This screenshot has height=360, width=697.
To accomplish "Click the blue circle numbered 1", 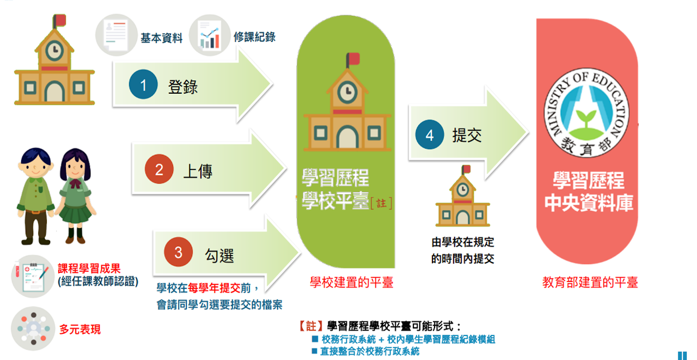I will pyautogui.click(x=144, y=86).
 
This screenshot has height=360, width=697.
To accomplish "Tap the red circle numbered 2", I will pyautogui.click(x=159, y=169).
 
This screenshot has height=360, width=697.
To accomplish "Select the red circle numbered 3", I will pyautogui.click(x=179, y=253).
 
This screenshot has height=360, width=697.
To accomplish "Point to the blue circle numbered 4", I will pyautogui.click(x=430, y=135).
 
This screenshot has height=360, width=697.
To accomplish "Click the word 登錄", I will pyautogui.click(x=183, y=87).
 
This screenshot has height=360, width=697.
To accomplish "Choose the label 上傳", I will pyautogui.click(x=198, y=171).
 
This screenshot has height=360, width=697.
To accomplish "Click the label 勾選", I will pyautogui.click(x=219, y=254).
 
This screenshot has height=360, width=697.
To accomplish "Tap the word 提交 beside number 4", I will pyautogui.click(x=467, y=136).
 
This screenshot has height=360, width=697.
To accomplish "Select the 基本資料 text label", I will pyautogui.click(x=161, y=38).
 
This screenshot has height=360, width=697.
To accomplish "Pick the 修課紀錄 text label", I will pyautogui.click(x=254, y=37).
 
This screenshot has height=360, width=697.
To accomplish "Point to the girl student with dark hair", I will pyautogui.click(x=74, y=196).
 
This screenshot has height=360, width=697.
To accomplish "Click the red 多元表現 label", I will pyautogui.click(x=80, y=330).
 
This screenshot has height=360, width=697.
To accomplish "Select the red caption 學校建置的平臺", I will pyautogui.click(x=351, y=282).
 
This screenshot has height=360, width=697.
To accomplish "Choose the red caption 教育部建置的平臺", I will pyautogui.click(x=590, y=282).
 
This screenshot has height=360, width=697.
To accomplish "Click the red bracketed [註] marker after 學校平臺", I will pyautogui.click(x=381, y=203).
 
